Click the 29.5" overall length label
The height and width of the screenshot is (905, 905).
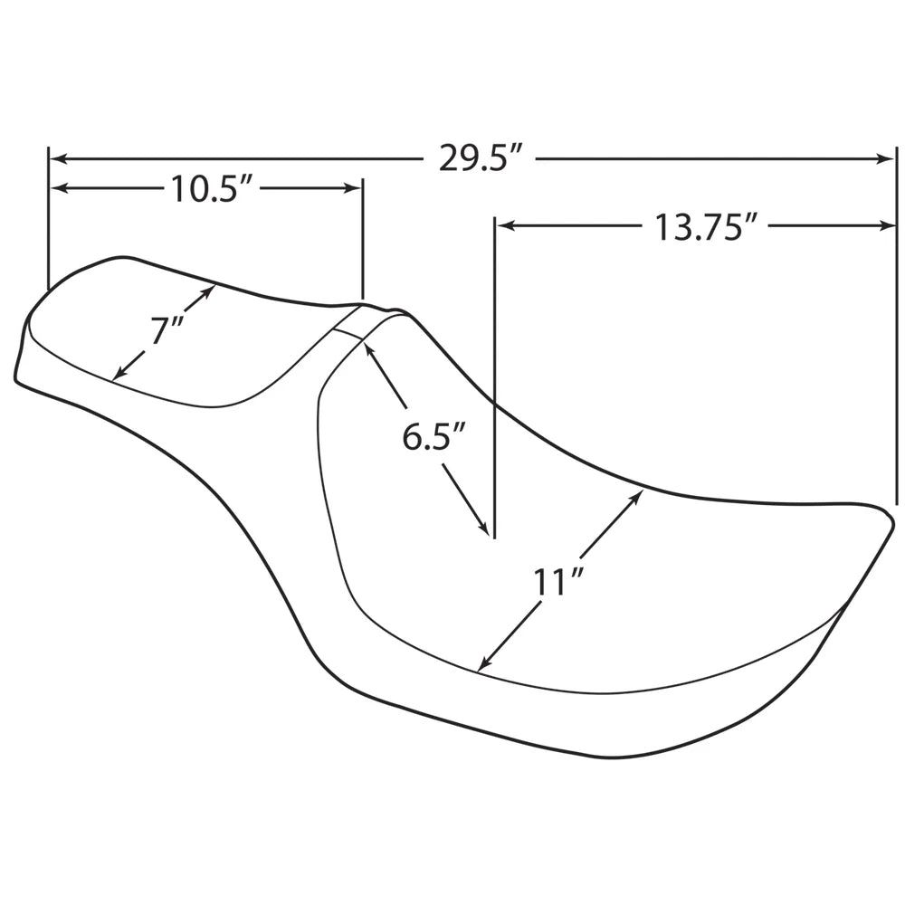pos(481,157)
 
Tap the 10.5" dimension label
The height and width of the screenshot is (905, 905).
pos(212,189)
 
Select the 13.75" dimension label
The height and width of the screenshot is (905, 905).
pos(705,226)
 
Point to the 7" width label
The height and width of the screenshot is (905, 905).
pos(167,330)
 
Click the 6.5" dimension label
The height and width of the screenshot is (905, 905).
pos(433,436)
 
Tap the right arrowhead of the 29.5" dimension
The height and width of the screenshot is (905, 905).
pos(885,158)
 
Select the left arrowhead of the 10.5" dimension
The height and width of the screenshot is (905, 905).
pos(60,188)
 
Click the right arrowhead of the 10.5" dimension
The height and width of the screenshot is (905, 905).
pos(352,188)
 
